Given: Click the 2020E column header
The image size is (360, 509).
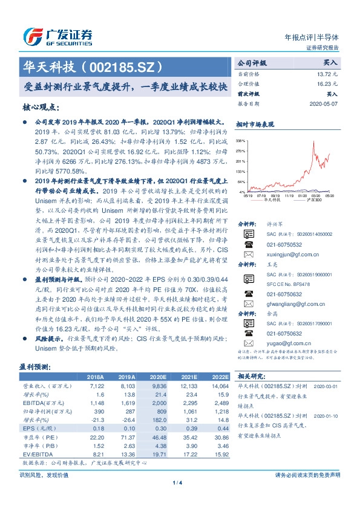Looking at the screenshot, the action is pos(159,377).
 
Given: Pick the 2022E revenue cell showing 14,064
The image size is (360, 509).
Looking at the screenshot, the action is pos(220,385).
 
